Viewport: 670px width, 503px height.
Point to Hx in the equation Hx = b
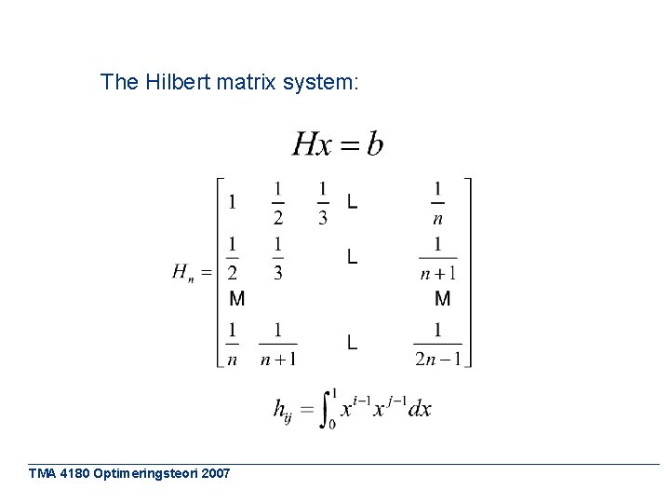(312, 144)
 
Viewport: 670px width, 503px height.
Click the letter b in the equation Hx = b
(374, 144)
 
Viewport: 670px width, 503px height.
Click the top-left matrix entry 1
(232, 201)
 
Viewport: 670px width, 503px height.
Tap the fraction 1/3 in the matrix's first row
(323, 201)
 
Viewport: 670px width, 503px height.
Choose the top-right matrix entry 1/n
(438, 201)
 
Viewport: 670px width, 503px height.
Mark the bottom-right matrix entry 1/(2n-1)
(437, 344)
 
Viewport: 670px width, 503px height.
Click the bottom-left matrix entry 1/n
(232, 344)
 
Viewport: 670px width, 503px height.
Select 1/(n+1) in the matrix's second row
(437, 258)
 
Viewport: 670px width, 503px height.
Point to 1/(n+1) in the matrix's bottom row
(278, 344)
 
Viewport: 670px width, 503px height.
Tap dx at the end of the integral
(420, 408)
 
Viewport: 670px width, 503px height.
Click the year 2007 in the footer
(214, 473)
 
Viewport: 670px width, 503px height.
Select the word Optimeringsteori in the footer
(143, 473)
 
